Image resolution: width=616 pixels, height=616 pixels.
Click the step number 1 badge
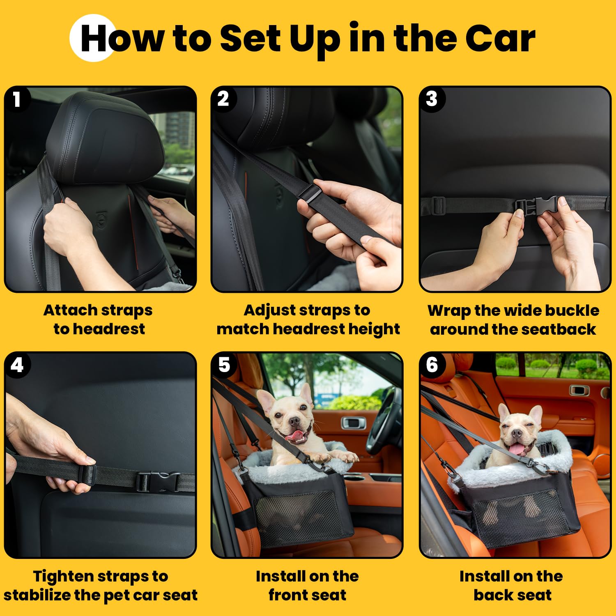[16, 99]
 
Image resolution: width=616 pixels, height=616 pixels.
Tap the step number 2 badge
[223, 99]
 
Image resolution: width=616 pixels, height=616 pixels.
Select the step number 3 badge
[431, 99]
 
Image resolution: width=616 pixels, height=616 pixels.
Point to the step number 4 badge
[17, 365]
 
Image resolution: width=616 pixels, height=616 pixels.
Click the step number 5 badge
[224, 365]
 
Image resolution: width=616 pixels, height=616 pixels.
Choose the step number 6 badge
[432, 365]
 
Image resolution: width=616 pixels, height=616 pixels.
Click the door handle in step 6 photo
[579, 390]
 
